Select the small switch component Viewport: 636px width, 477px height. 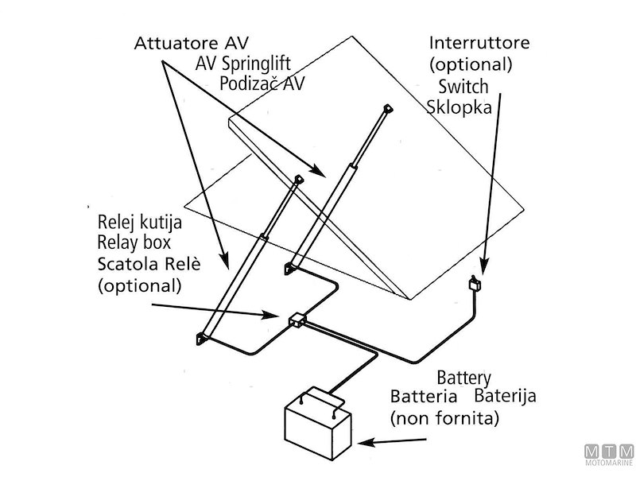click(475, 284)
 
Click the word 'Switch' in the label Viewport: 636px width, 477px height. click(462, 86)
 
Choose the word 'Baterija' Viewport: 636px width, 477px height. click(506, 395)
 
